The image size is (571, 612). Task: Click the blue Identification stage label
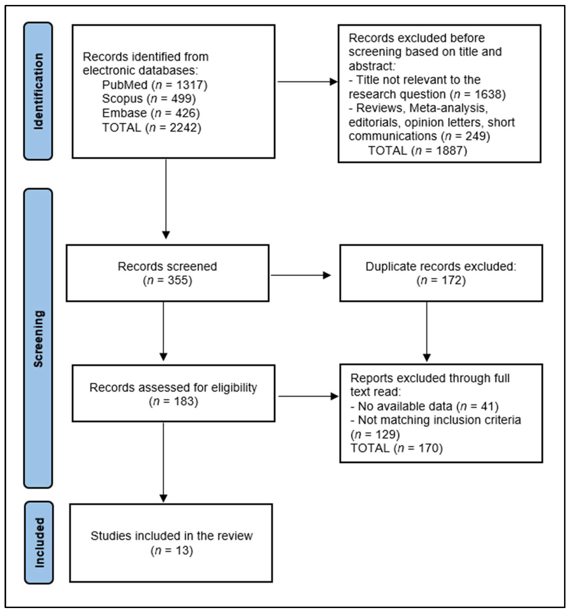38,91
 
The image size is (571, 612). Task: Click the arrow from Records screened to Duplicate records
300,275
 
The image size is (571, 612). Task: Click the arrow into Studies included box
164,462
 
